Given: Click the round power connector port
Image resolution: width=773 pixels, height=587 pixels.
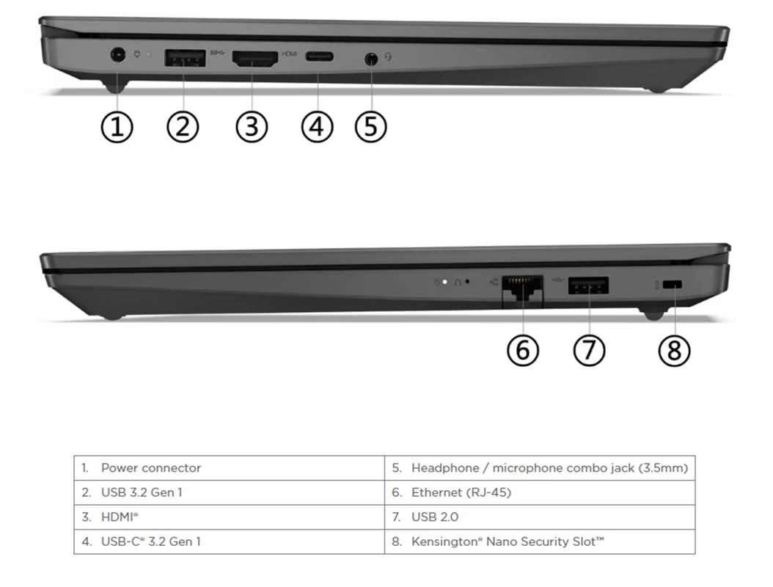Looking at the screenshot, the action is (117, 54).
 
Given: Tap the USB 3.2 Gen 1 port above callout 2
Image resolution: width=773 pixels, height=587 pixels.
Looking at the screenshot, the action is (185, 58).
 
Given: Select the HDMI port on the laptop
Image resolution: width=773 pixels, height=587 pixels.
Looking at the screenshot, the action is (255, 59).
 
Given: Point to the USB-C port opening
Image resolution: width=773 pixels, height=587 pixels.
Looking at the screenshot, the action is (319, 56).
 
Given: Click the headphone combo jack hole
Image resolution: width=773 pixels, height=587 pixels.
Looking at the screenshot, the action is (371, 59).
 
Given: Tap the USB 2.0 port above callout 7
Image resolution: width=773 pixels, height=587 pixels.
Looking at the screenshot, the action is (588, 285).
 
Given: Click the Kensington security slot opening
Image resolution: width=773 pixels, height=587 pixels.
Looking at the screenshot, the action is (673, 285).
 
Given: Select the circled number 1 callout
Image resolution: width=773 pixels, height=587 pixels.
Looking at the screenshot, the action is (117, 127).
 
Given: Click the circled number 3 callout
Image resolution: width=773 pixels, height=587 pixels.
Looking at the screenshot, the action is (252, 127).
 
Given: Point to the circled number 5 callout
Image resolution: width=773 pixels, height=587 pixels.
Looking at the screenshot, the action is (370, 127).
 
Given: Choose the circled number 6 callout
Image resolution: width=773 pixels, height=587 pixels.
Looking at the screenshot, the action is (523, 351).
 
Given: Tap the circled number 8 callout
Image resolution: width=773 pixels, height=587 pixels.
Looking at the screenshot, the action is (674, 351).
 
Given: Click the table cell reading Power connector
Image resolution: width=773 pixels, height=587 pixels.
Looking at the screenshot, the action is (230, 468).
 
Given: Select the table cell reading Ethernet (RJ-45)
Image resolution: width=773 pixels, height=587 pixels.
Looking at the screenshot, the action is (540, 493).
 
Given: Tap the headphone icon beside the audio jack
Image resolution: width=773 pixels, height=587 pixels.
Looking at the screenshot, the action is (389, 56).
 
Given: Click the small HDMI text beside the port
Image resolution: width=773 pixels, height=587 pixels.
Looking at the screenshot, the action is (290, 54).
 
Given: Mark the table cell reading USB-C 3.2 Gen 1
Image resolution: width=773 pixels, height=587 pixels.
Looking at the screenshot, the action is (230, 542).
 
